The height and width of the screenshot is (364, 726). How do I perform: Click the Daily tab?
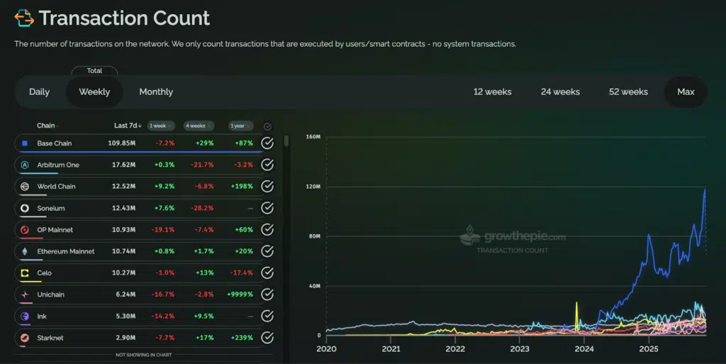[39, 92]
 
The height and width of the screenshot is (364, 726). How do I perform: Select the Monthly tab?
[156, 92]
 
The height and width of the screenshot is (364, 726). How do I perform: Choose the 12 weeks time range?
[493, 92]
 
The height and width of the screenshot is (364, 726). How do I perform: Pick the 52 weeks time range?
[628, 92]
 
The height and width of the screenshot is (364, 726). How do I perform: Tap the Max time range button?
[686, 92]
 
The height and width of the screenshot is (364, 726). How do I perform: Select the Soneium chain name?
[51, 208]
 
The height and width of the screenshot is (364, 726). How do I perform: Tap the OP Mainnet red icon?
[24, 230]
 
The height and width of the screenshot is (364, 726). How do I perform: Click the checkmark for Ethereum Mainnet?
[267, 251]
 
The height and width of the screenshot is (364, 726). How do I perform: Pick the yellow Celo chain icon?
[24, 273]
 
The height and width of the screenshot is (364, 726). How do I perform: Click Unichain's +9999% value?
[240, 294]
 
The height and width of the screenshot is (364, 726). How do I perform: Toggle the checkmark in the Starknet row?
[267, 338]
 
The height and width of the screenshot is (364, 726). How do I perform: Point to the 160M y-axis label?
[313, 136]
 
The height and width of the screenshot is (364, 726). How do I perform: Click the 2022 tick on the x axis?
[455, 348]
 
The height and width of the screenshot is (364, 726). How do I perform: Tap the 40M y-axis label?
[314, 286]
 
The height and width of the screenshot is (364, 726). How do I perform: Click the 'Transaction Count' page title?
[125, 18]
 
